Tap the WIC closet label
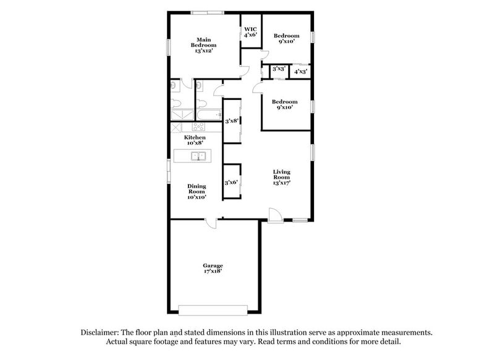coord(250,32)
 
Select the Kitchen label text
coord(195,140)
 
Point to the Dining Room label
coord(197,191)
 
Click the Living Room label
coord(282,177)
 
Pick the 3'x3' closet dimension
coord(278,70)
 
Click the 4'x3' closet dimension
coord(300,72)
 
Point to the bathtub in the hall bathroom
coord(209,115)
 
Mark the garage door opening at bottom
coord(213,309)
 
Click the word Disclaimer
coord(104,332)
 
